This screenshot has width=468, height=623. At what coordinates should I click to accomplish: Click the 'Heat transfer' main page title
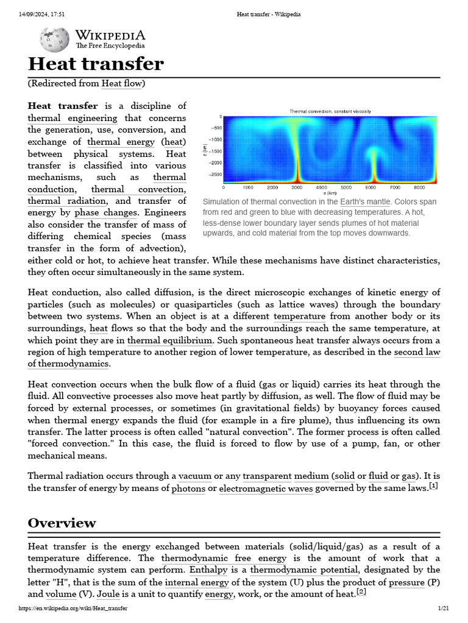coord(96,64)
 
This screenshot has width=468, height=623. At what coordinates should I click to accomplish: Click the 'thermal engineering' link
coord(73,118)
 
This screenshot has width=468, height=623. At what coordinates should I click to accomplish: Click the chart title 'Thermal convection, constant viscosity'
coord(330,111)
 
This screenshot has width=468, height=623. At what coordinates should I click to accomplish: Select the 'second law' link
coord(417,352)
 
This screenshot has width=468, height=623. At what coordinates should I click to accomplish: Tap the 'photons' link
coord(188,489)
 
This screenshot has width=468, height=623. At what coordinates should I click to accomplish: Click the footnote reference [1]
coord(433,486)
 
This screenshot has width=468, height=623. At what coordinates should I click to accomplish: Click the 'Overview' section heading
coord(62,523)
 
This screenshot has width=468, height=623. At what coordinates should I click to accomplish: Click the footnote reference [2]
coord(361,591)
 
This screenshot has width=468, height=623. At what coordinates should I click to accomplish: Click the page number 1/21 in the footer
coord(443,608)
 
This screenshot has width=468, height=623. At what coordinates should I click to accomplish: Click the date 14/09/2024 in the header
coord(27,14)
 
